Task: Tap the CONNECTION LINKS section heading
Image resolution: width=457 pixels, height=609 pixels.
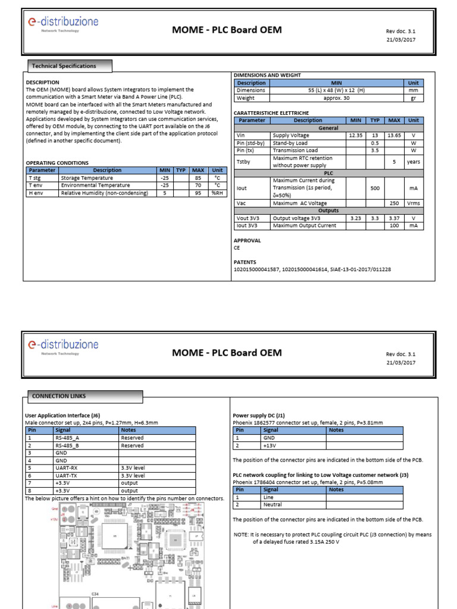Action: click(58, 396)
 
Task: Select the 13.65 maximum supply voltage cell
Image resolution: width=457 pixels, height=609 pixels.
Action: click(394, 136)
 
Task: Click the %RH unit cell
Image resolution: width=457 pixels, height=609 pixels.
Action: click(217, 193)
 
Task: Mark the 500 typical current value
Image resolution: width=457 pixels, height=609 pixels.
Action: click(375, 188)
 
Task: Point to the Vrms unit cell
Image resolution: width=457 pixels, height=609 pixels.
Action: click(413, 203)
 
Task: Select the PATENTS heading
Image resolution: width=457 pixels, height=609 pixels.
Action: click(245, 262)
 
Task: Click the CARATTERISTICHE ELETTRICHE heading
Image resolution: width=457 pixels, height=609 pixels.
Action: click(271, 112)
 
